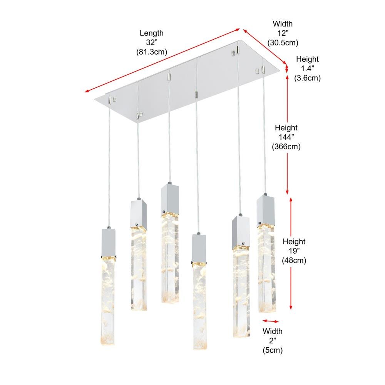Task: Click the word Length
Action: tap(151, 33)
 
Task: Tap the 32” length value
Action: tap(151, 42)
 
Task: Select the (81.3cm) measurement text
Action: tap(151, 52)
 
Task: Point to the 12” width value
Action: tap(283, 33)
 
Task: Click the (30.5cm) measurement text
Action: tap(283, 42)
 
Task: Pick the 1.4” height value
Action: tap(307, 69)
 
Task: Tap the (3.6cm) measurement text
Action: tap(307, 78)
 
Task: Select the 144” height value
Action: tap(286, 137)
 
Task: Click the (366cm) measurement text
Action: tap(286, 146)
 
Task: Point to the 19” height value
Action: tap(294, 251)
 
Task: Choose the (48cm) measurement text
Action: tap(294, 260)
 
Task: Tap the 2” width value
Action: tap(272, 341)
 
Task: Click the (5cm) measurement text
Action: tap(272, 350)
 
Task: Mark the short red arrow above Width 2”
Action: tap(271, 321)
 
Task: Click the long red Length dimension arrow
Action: tap(162, 60)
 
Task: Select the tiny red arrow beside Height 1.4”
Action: tap(286, 69)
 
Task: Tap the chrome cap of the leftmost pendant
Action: tap(108, 243)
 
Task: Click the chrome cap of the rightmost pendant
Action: tap(265, 211)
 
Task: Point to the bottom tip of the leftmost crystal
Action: tap(108, 344)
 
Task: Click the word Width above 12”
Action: tap(283, 24)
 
